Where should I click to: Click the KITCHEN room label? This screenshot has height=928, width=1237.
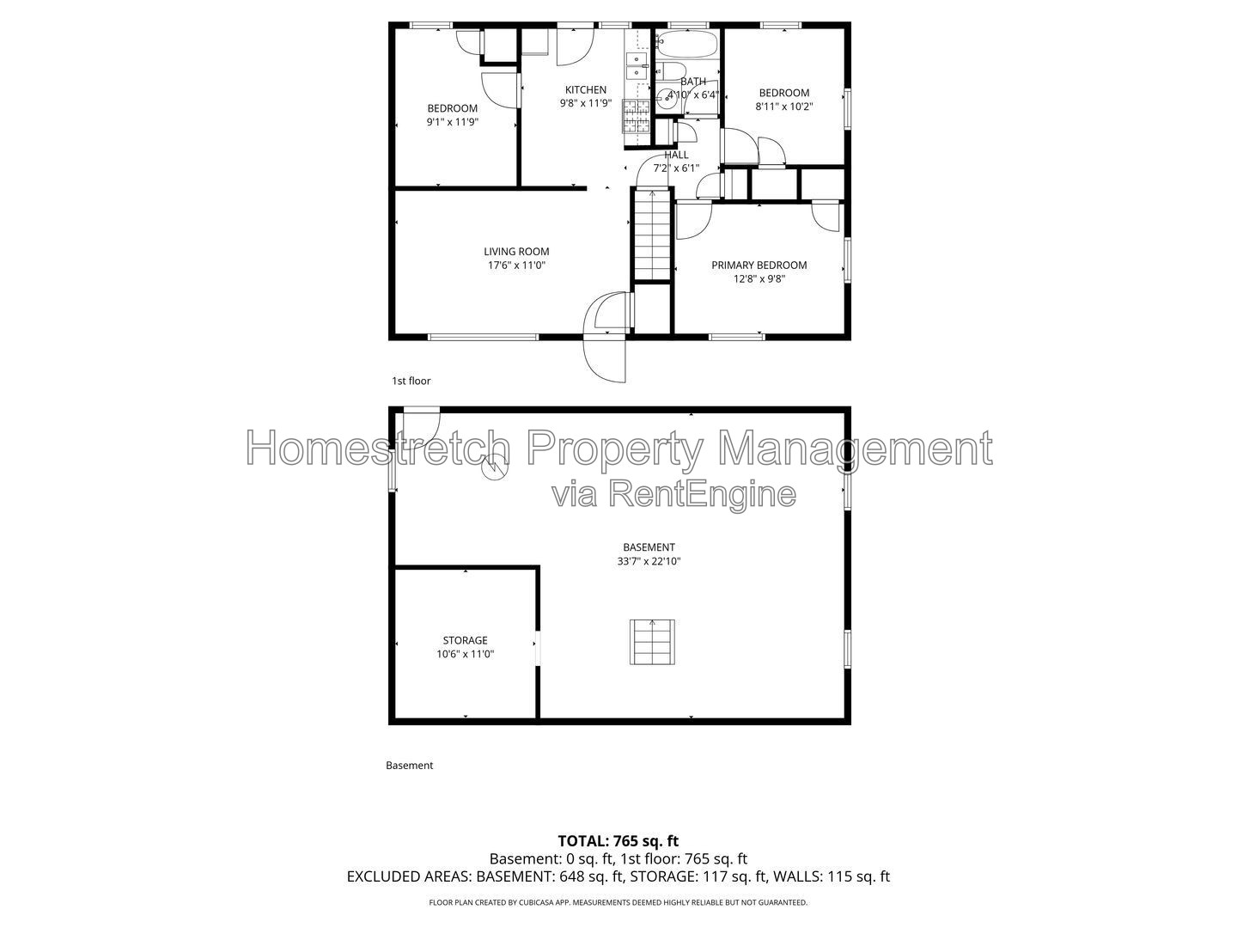(586, 89)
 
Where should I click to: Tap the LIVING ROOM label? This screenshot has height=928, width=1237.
(516, 252)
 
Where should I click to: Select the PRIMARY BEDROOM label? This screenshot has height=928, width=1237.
(759, 265)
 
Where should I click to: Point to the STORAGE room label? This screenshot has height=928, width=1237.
(465, 640)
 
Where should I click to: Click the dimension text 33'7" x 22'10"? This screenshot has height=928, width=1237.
(649, 561)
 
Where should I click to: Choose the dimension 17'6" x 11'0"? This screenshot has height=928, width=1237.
(516, 266)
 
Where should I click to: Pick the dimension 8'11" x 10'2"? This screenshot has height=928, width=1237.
(784, 107)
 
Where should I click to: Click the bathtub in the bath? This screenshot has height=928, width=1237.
(687, 45)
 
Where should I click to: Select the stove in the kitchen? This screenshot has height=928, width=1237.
(636, 115)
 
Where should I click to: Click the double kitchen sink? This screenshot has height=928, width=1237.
(637, 66)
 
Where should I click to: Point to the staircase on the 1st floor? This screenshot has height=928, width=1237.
(652, 235)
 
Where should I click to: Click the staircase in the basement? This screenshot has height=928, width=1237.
(652, 642)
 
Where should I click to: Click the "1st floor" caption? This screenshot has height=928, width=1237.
(411, 381)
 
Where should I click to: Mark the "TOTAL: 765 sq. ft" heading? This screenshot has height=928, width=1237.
(618, 840)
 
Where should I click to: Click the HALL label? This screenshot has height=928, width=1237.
(676, 155)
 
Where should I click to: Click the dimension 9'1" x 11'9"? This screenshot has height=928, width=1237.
(452, 122)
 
